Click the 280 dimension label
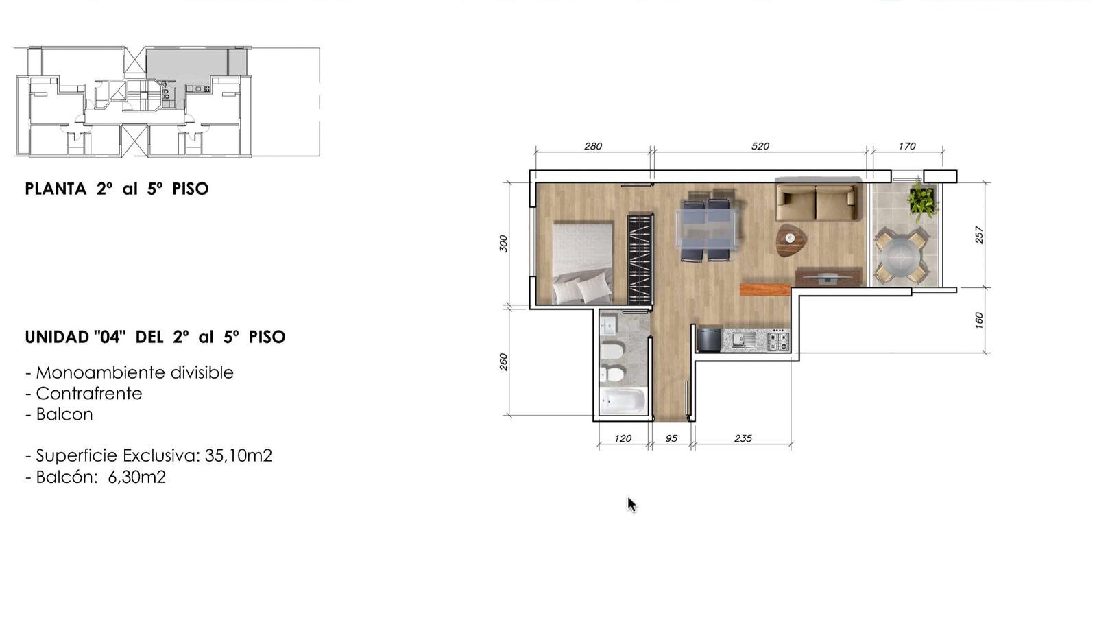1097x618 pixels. tap(592, 146)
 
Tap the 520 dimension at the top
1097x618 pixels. tap(760, 146)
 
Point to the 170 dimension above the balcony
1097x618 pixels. tap(907, 146)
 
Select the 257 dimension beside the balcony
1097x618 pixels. tap(979, 235)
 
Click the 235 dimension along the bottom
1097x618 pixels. tap(743, 438)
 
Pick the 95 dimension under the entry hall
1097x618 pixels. tap(671, 438)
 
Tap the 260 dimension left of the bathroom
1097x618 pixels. tap(503, 361)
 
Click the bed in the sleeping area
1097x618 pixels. tap(583, 263)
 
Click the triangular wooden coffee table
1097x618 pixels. tap(791, 239)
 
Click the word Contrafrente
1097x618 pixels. tap(89, 394)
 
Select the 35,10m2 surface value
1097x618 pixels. tap(238, 455)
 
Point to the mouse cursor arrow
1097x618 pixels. tap(631, 504)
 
